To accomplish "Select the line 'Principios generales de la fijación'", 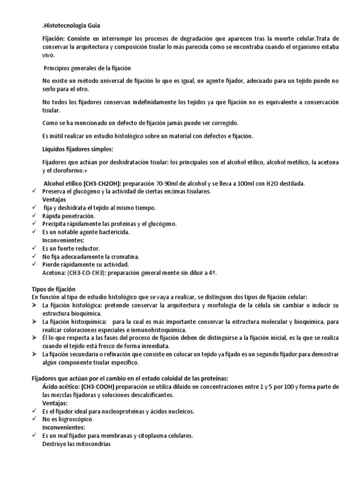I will point(87,68).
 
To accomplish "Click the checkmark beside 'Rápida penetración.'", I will point(34,216).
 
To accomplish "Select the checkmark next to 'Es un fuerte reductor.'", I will point(34,248).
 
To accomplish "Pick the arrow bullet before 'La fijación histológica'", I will point(34,306).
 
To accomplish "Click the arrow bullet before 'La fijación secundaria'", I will point(34,354).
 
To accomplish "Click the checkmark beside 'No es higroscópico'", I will point(34,419).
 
